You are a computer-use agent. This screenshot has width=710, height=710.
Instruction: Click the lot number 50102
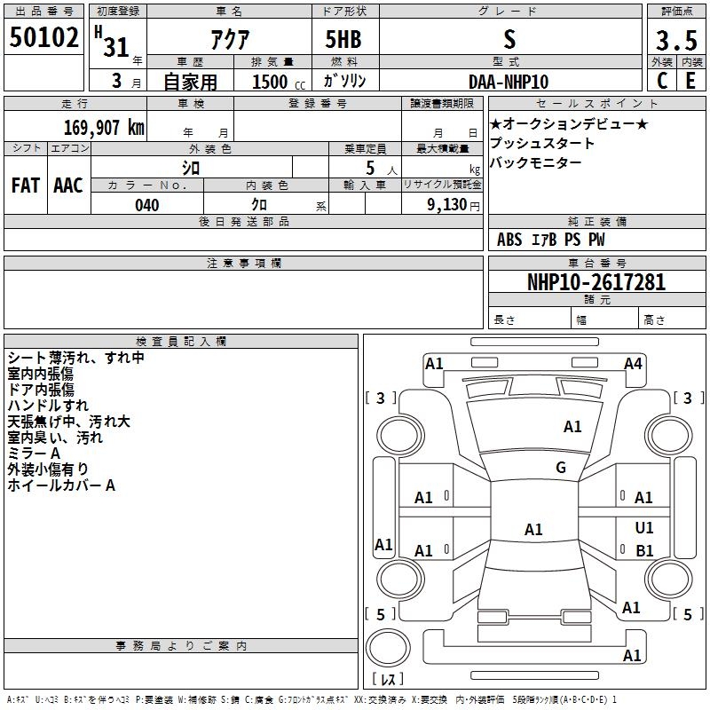pos(43,37)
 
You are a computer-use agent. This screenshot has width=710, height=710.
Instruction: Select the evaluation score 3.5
pos(676,41)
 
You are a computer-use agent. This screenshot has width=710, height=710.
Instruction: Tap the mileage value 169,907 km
pos(104,128)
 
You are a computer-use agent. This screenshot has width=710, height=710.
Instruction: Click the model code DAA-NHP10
pos(509,82)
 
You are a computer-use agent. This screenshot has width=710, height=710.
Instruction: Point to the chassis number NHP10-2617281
pos(596,282)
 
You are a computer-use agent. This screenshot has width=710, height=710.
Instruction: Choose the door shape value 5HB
pos(343,39)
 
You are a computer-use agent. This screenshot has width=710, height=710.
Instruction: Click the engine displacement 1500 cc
pos(279,82)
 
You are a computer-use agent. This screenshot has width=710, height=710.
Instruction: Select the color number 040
pos(147,205)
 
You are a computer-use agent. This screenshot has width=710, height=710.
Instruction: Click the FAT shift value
pos(26,185)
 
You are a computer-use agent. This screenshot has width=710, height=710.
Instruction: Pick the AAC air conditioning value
pos(68,185)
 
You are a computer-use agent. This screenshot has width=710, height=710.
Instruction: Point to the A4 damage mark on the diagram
pos(633,364)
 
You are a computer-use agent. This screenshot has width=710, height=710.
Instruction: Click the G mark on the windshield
pos(561,468)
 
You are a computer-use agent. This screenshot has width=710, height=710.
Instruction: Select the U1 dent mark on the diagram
pos(644,527)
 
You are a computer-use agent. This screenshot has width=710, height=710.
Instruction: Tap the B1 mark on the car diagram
pos(644,550)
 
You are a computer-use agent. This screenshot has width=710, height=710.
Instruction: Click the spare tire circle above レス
pos(388,648)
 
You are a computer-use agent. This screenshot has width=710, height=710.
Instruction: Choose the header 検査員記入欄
pos(181,342)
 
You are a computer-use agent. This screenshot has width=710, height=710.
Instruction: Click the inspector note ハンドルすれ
pos(48,406)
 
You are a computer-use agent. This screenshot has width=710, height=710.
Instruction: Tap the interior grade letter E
pos(690,81)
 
